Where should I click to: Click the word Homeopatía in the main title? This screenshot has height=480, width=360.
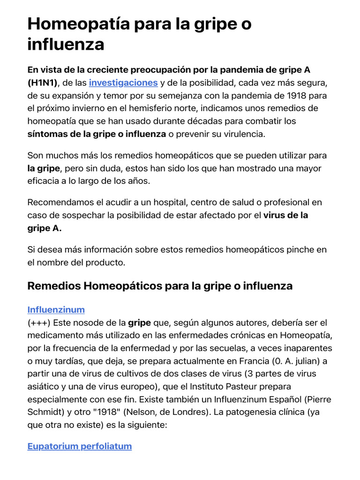click(x=79, y=24)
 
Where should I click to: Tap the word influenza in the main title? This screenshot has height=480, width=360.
click(x=66, y=45)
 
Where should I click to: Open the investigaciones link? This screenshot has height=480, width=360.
click(x=123, y=83)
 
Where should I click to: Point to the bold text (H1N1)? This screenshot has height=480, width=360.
click(x=42, y=83)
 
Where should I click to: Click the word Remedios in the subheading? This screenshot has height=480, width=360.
click(x=53, y=286)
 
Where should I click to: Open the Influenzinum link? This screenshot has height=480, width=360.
click(x=56, y=310)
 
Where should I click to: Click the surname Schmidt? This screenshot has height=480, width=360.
click(x=45, y=412)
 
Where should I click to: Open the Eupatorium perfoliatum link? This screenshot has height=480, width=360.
click(x=80, y=446)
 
